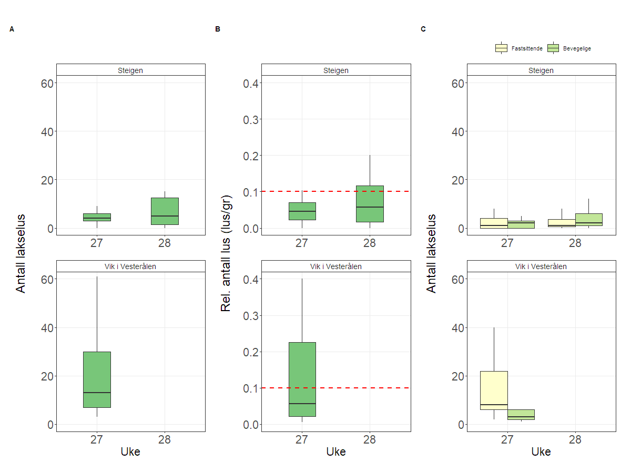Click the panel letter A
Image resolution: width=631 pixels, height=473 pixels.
(12, 29)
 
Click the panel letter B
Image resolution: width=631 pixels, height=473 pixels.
(218, 29)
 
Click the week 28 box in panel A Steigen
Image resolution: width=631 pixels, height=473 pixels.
(165, 211)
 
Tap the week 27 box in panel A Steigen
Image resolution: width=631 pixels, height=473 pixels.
(97, 217)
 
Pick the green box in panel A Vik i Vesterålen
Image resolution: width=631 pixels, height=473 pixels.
(97, 379)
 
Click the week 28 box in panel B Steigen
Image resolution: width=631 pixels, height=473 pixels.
(370, 204)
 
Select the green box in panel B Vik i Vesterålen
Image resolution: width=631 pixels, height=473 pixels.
(302, 379)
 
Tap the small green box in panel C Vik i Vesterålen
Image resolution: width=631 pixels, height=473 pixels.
(521, 415)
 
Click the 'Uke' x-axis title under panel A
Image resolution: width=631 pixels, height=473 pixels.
(130, 451)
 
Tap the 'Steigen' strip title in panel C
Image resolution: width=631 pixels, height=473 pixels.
(541, 70)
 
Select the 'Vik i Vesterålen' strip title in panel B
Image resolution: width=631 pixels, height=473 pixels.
(336, 266)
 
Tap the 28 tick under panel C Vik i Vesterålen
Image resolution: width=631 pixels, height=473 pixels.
(575, 439)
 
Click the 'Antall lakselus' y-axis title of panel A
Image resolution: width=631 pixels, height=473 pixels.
(21, 253)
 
